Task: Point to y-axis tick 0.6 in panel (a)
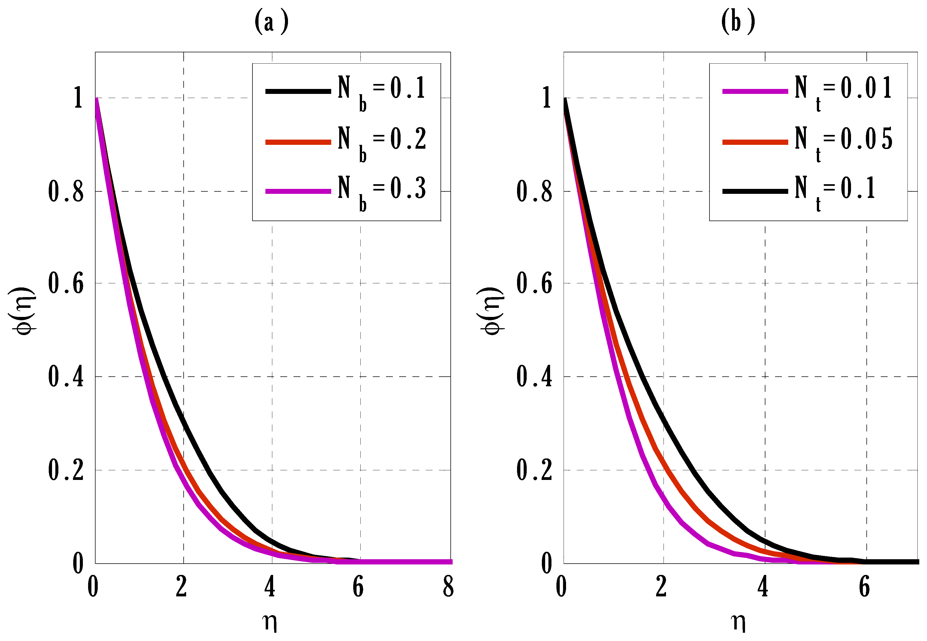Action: [66, 283]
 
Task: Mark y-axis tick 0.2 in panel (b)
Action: [534, 470]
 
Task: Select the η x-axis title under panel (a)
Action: [270, 622]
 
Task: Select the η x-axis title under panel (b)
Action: [738, 622]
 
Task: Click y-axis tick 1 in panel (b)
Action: [547, 97]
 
